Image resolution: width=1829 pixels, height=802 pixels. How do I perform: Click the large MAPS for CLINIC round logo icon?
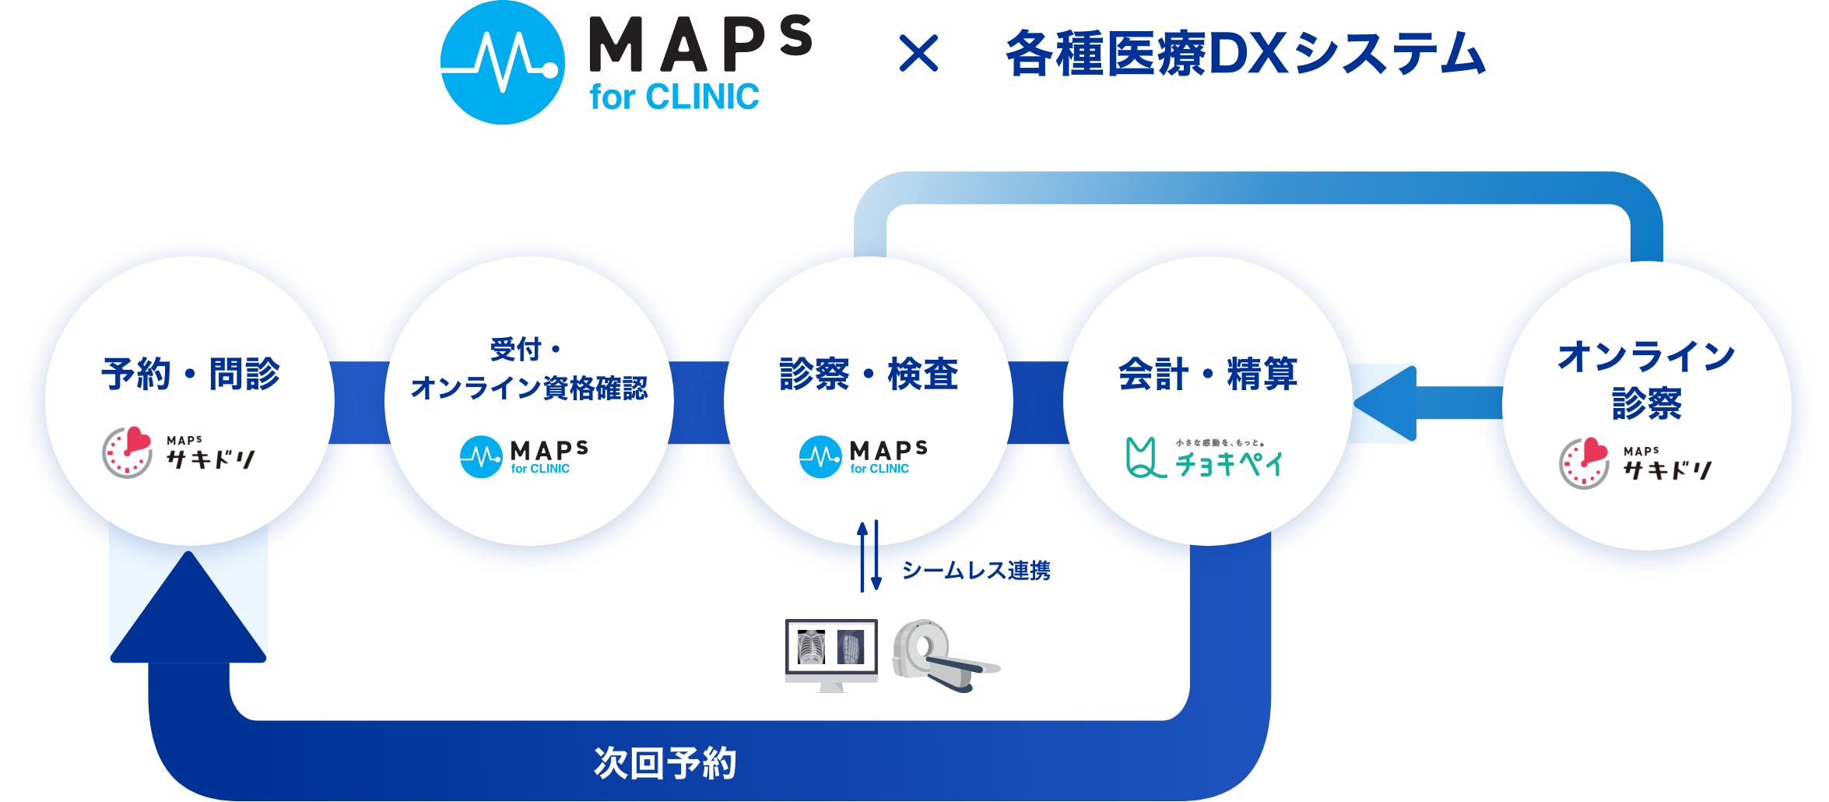pos(503,62)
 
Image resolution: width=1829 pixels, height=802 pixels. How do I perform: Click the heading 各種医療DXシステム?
pos(1245,55)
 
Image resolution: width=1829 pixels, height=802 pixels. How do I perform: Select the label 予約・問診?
pos(190,374)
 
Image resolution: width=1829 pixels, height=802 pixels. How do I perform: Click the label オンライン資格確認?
pos(528,388)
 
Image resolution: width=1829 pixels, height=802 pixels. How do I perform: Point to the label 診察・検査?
pos(869,374)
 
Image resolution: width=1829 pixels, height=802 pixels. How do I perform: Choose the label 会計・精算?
pos(1208,374)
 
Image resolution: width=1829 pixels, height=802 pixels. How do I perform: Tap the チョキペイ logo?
pos(1204,459)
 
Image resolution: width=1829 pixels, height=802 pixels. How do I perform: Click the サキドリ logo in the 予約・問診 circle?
pos(179,452)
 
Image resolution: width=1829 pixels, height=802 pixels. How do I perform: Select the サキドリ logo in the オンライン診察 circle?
pos(1635,463)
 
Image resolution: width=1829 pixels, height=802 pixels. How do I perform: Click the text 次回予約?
pos(665,763)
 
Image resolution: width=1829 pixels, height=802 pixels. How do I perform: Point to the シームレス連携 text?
pos(976,571)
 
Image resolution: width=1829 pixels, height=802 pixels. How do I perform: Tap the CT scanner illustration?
pos(943,654)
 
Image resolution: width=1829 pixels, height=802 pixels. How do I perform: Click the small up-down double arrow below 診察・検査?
pos(869,556)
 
